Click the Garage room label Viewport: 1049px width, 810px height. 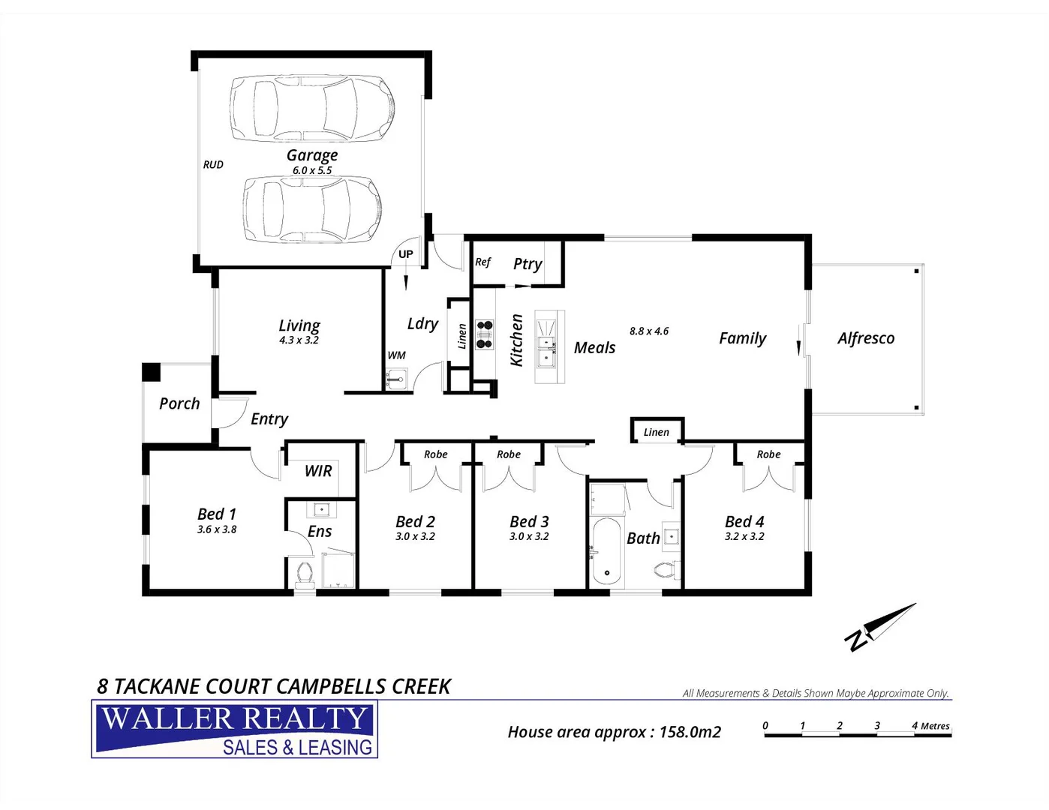click(x=312, y=155)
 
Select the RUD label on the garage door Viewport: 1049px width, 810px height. click(x=213, y=165)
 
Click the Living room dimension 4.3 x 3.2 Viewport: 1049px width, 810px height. click(x=299, y=340)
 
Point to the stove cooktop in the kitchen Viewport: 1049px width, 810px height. click(x=485, y=335)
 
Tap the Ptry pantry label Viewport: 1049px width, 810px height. click(x=528, y=264)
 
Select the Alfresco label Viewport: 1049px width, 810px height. click(x=866, y=338)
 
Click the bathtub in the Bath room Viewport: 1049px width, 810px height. click(x=606, y=551)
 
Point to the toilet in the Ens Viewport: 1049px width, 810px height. click(x=305, y=574)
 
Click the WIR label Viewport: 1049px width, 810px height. click(x=318, y=471)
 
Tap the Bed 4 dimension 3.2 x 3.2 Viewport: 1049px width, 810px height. click(x=744, y=537)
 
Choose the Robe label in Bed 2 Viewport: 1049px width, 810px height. click(x=435, y=454)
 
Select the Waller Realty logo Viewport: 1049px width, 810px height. click(x=235, y=729)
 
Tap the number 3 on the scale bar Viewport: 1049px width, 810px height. click(x=876, y=725)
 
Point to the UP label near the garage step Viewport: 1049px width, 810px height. click(x=406, y=254)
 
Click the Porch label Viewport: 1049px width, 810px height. click(x=179, y=403)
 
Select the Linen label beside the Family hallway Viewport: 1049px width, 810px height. click(x=656, y=432)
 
